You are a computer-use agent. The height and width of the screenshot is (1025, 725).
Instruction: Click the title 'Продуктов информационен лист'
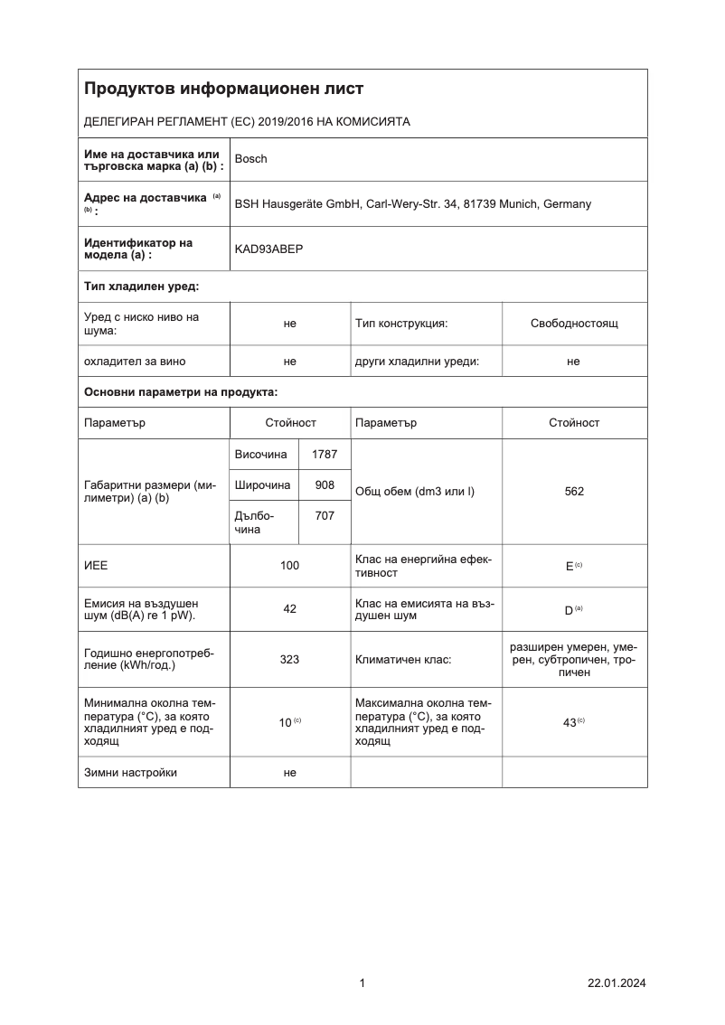coord(223,89)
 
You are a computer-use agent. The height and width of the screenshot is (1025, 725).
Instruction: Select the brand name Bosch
coord(250,159)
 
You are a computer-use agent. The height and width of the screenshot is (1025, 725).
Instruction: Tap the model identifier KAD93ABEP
coord(268,249)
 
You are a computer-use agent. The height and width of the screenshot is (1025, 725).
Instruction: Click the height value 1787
coord(324,455)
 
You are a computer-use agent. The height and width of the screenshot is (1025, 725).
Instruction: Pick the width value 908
coord(325,485)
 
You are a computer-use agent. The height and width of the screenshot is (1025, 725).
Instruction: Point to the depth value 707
coord(325,515)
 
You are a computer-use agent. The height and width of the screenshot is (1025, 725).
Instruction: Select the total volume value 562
coord(573,492)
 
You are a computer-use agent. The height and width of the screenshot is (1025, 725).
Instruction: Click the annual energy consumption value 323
coord(289,660)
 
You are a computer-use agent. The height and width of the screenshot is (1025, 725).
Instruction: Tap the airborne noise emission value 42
coord(289,609)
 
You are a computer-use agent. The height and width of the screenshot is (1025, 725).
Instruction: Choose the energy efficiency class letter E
coord(570,566)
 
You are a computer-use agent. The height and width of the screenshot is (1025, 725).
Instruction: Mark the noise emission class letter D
coord(570,610)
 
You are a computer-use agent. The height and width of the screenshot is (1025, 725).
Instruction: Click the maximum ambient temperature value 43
coord(570,722)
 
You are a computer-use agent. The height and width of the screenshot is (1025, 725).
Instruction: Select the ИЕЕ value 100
coord(289,565)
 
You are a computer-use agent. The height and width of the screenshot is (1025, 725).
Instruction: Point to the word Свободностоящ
coord(574,323)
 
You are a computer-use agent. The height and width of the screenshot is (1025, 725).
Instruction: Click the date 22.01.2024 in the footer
coord(617,983)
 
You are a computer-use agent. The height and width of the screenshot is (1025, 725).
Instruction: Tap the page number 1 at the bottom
coord(362,983)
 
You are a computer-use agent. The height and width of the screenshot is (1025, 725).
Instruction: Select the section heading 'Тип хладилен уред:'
coord(141,287)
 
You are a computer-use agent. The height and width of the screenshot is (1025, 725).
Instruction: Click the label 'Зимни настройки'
coord(130,773)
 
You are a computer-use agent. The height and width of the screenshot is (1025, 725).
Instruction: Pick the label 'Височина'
coord(260,455)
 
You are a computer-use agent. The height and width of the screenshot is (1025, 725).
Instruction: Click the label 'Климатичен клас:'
coord(403,660)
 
